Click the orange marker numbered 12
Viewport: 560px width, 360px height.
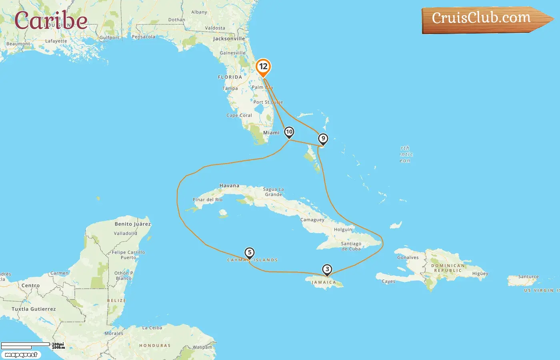(x=263, y=67)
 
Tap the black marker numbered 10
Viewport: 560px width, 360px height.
(x=289, y=132)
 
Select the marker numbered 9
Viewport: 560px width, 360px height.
(x=323, y=139)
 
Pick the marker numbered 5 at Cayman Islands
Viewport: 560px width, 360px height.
(x=249, y=253)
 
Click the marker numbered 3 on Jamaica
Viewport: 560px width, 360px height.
(x=327, y=270)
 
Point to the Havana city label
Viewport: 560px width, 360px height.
(x=229, y=186)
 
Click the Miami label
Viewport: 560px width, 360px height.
(x=271, y=133)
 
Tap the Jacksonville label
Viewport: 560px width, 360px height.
(x=229, y=39)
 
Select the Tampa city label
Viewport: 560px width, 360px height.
(x=230, y=88)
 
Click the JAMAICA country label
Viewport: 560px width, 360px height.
(x=324, y=282)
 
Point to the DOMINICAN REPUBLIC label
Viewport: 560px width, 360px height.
(x=448, y=268)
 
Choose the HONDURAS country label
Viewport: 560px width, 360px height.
(x=155, y=346)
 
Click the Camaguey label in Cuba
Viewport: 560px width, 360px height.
(x=312, y=220)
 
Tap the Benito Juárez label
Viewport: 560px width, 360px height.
(x=133, y=224)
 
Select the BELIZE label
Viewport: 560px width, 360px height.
(x=116, y=300)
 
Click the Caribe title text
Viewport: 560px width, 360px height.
(x=51, y=21)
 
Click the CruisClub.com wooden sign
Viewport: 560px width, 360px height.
(x=482, y=19)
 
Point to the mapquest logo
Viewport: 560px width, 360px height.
(x=21, y=355)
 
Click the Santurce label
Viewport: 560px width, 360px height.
(x=528, y=277)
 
